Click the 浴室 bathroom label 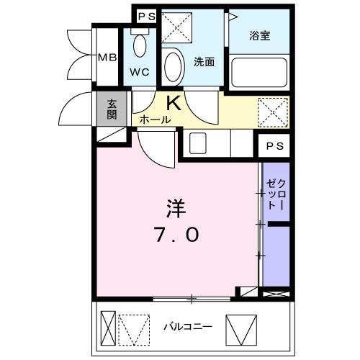(260, 35)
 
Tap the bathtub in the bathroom (260, 72)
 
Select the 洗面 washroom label (204, 61)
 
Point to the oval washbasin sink (174, 67)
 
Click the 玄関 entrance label (113, 110)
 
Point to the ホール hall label (155, 120)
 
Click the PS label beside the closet (274, 145)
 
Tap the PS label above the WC (146, 16)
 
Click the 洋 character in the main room (176, 210)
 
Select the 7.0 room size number (176, 235)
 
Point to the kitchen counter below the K (216, 143)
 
